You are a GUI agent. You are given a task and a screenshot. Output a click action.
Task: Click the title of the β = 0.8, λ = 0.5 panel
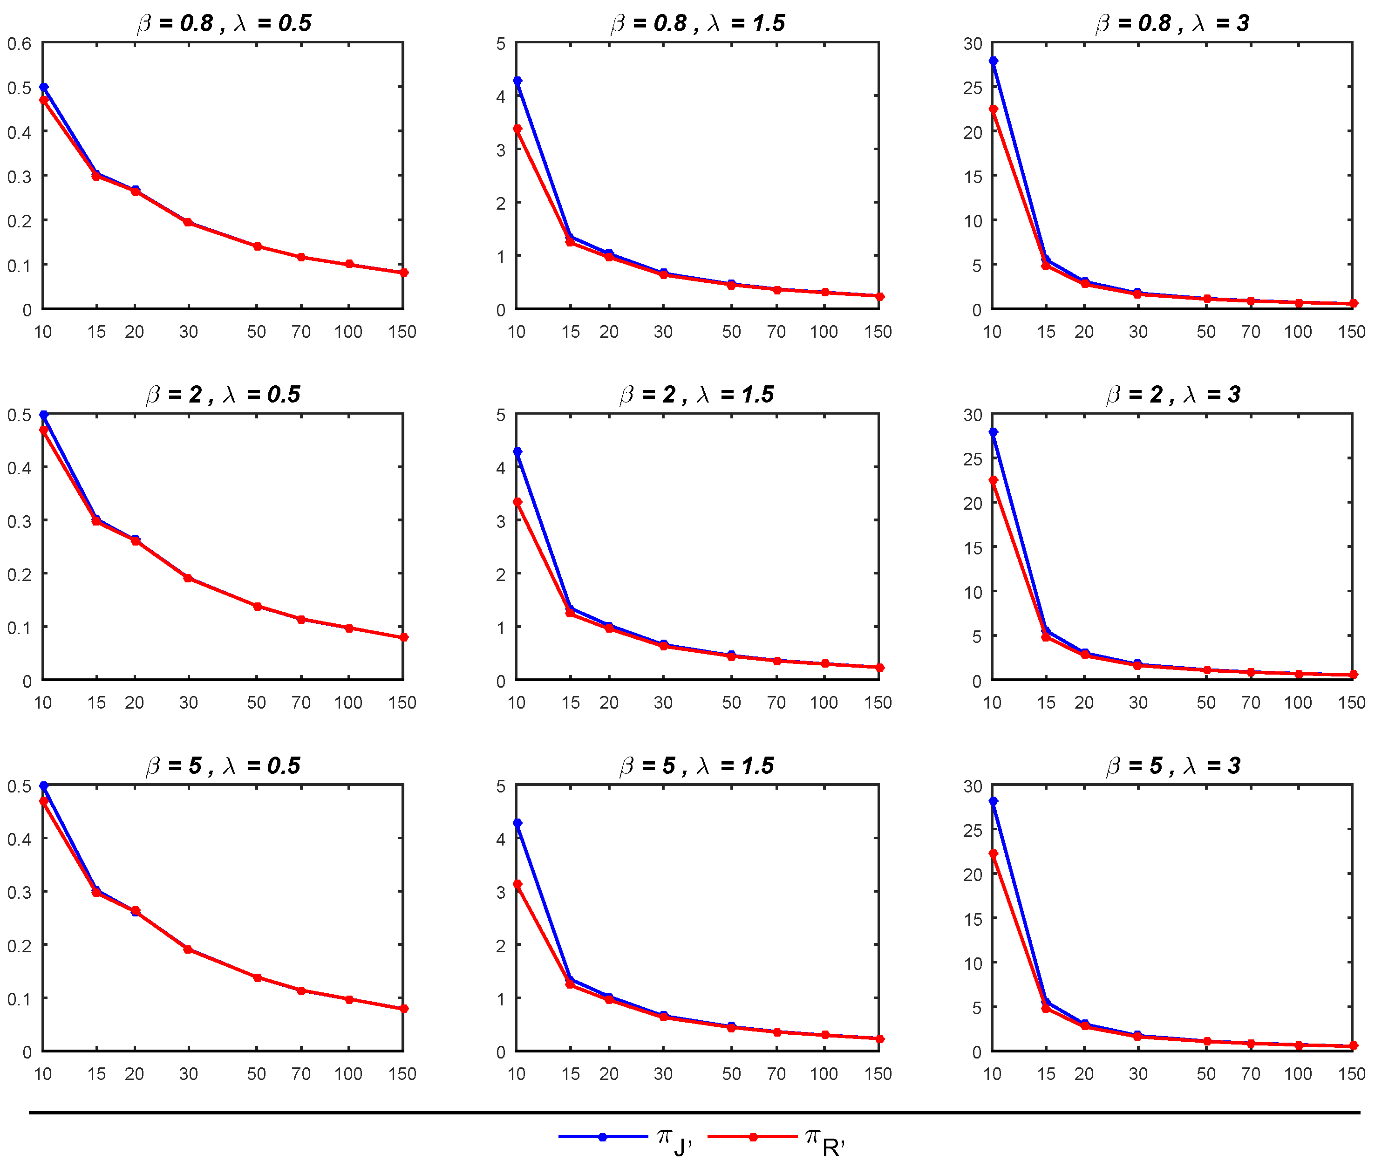coord(224,23)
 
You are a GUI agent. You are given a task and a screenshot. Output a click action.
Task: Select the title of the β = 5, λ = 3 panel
coord(1172,765)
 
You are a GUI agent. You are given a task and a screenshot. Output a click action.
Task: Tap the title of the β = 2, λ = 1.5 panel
coord(697,394)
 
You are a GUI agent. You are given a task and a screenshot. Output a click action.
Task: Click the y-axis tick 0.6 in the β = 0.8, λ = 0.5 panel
coord(19,44)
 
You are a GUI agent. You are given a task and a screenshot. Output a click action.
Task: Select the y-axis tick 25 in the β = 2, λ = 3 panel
coord(973,459)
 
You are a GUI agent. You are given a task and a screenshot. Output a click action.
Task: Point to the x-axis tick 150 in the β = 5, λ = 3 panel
coord(1351,1074)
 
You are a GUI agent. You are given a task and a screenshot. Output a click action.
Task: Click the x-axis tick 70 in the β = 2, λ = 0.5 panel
coord(300,703)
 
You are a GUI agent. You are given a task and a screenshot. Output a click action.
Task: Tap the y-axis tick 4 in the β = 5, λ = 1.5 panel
coord(501,839)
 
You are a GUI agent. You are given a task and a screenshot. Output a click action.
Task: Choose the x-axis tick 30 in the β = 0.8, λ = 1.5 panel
coord(662,332)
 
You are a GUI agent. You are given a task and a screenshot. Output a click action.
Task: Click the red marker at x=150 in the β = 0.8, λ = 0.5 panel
coord(403,273)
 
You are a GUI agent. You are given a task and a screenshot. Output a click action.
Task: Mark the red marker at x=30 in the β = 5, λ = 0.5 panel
coord(188,949)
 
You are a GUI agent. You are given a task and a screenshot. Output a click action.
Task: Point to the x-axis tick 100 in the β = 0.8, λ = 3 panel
coord(1297,332)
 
